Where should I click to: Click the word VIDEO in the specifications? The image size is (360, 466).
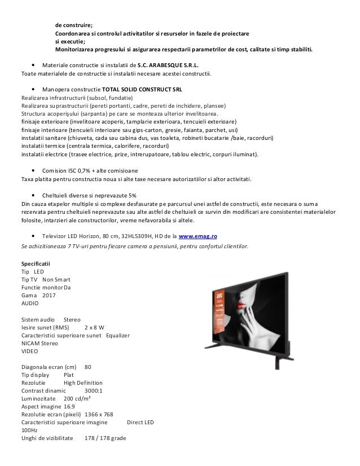pyautogui.click(x=30, y=350)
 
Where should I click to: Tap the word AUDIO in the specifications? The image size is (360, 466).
pyautogui.click(x=30, y=303)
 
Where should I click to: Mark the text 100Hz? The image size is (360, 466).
pyautogui.click(x=29, y=430)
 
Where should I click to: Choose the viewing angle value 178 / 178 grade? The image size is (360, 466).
pyautogui.click(x=106, y=438)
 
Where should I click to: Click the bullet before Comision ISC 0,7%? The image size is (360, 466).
pyautogui.click(x=36, y=171)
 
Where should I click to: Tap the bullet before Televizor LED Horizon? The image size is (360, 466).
pyautogui.click(x=36, y=237)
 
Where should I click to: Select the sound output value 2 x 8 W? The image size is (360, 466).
pyautogui.click(x=95, y=327)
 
